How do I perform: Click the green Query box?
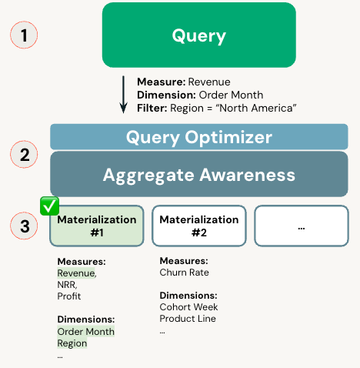coord(198,35)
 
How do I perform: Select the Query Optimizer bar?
coord(198,137)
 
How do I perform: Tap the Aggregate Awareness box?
coord(198,175)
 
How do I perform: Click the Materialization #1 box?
coord(97,226)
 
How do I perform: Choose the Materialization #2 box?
coord(198,226)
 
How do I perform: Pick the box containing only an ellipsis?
coord(301,226)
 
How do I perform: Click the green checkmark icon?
coord(49,206)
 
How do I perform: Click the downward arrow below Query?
coord(123,94)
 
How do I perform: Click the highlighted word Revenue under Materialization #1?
coord(76,273)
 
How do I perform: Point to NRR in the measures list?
coord(67,285)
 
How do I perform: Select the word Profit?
coord(69,296)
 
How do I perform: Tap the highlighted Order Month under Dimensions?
coord(85,332)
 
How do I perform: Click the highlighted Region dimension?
coord(72,343)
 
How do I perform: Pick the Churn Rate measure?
coord(184,273)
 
